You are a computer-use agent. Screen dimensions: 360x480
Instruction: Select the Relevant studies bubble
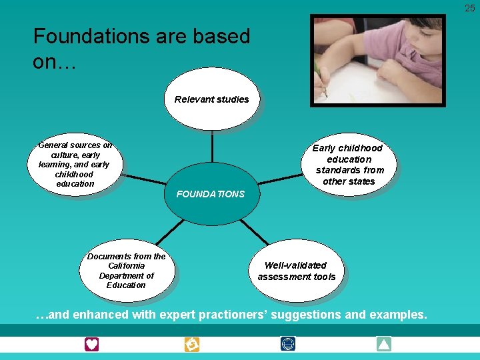[x=211, y=99]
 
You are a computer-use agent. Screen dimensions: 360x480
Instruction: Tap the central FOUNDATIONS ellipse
[x=211, y=194]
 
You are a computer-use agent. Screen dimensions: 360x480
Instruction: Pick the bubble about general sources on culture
[x=75, y=164]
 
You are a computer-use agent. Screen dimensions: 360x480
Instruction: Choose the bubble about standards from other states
[x=348, y=164]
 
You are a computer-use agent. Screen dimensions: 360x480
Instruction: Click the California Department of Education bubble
[x=126, y=271]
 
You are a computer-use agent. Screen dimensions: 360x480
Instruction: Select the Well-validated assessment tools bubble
[x=296, y=271]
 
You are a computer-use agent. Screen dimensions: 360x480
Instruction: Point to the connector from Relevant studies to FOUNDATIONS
[x=211, y=147]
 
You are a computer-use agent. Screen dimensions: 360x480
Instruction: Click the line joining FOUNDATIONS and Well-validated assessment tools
[x=254, y=231]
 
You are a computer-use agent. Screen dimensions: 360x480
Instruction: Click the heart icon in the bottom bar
[x=91, y=344]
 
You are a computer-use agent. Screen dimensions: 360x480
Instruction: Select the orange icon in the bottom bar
[x=191, y=344]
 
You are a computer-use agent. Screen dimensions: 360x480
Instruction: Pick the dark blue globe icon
[x=288, y=344]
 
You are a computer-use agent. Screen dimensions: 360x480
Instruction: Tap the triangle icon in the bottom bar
[x=383, y=344]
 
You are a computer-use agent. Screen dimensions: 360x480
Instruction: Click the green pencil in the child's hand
[x=321, y=80]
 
